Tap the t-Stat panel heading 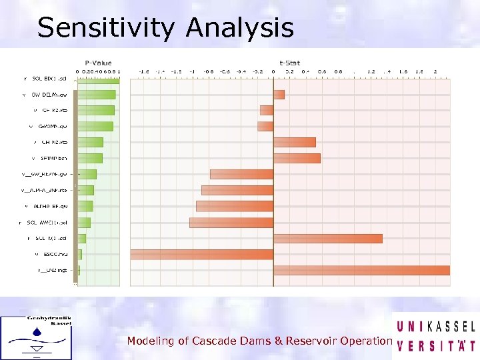(x=289, y=63)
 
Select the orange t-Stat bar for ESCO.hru (x=202, y=254)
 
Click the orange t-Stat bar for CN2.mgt (x=361, y=270)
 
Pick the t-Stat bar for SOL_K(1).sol (x=327, y=238)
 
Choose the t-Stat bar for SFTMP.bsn (x=297, y=158)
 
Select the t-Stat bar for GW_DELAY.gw (x=279, y=94)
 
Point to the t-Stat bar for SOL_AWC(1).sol (x=231, y=222)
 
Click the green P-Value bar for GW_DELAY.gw (x=96, y=94)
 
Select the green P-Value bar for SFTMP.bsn (x=90, y=158)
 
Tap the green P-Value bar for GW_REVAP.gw (x=87, y=174)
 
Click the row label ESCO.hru (x=51, y=254)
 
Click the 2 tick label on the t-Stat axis (x=435, y=71)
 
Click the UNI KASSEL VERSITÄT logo (x=435, y=336)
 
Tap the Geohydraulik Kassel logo (x=37, y=336)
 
